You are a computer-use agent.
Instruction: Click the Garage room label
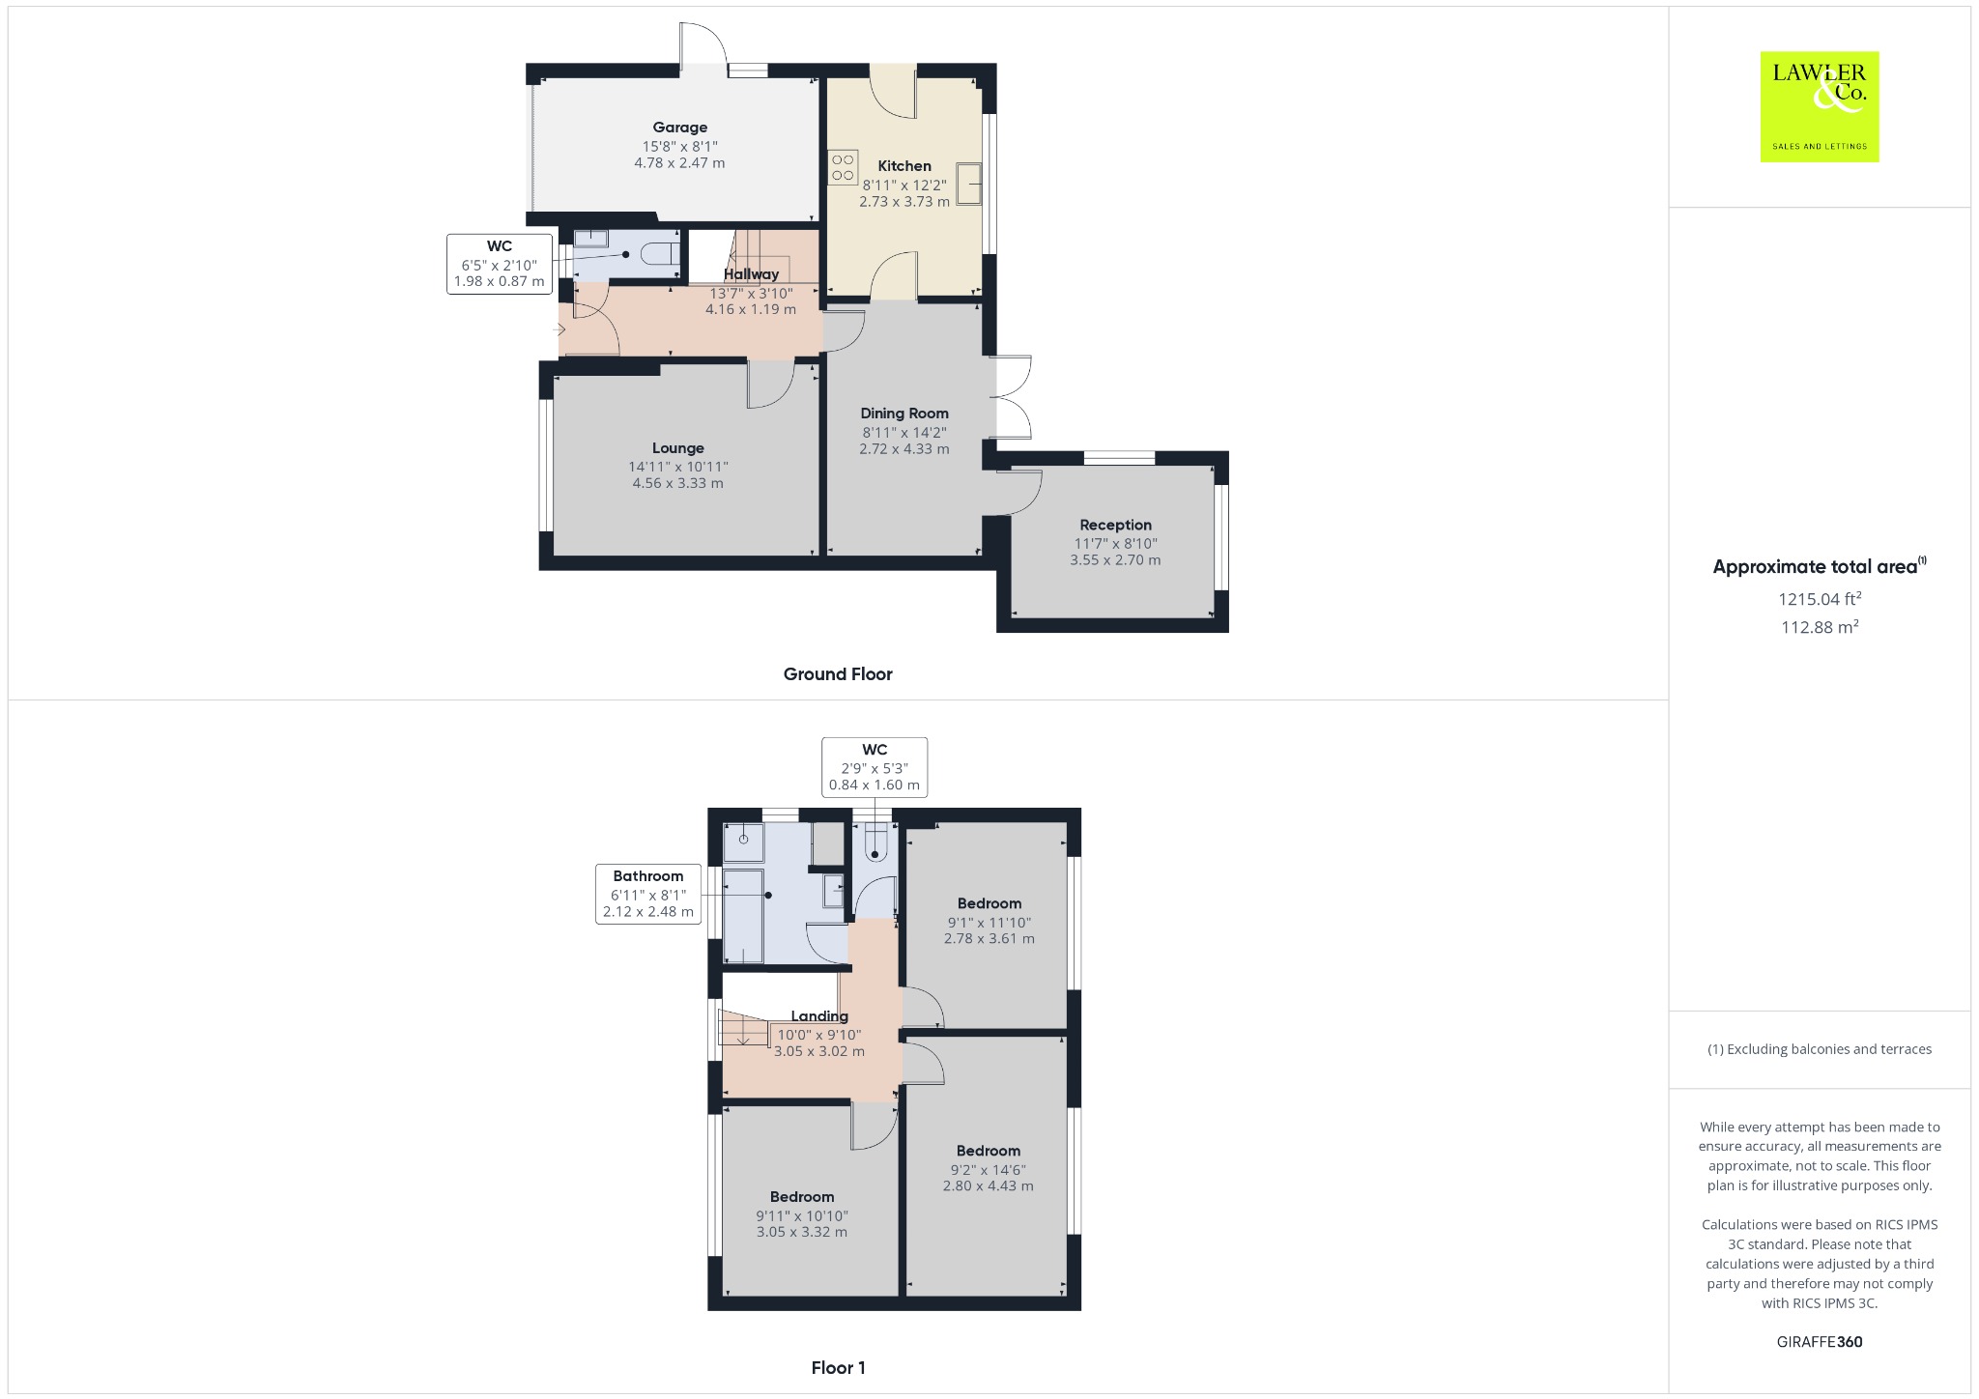pos(679,128)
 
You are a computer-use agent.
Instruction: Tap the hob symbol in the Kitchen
pos(843,167)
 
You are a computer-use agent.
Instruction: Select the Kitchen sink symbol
pos(968,184)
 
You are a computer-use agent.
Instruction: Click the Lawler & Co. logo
pos(1819,106)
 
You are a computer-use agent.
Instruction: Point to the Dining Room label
pos(904,414)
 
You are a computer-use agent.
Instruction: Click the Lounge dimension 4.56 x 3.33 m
pos(677,483)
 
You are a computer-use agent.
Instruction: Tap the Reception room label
pos(1115,525)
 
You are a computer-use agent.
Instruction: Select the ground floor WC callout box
pos(500,264)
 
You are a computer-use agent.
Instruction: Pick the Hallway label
pos(751,274)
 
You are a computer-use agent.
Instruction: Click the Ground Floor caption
pos(838,674)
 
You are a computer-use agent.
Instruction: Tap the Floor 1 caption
pos(838,1368)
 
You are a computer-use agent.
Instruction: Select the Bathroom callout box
pos(647,894)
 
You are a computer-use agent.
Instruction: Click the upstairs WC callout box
pos(875,767)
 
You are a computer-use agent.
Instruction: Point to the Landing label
pos(819,1016)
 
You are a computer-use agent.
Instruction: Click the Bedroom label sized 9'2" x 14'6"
pos(989,1151)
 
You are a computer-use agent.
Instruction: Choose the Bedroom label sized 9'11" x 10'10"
pos(802,1197)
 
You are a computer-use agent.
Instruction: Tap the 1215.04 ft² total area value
pos(1820,599)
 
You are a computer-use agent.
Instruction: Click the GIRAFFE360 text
pos(1820,1342)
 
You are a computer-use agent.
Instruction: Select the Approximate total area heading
pos(1819,567)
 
